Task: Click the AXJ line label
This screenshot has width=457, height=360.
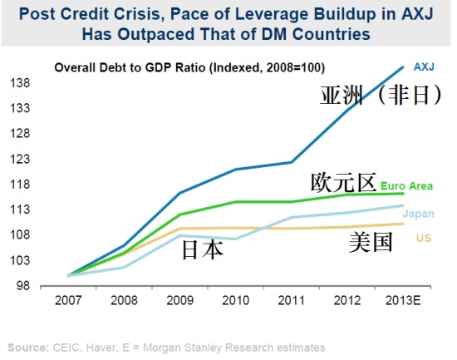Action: [424, 67]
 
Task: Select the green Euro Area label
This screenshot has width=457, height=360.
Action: [406, 186]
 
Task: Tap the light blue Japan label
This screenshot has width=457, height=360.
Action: [419, 214]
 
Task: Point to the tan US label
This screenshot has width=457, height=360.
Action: [424, 238]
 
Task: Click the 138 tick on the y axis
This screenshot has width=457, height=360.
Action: [20, 83]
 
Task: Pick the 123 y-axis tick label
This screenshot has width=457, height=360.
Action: [20, 160]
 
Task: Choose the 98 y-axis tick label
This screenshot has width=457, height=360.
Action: [23, 285]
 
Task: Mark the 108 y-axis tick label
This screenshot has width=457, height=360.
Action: [20, 234]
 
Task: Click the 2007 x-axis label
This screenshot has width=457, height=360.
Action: [68, 300]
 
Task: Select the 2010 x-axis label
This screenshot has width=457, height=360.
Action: [235, 300]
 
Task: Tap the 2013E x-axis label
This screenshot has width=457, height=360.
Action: [403, 300]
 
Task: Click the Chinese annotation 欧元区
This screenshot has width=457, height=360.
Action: [343, 183]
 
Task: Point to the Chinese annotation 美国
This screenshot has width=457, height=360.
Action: [371, 242]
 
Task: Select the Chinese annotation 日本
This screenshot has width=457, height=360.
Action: [203, 250]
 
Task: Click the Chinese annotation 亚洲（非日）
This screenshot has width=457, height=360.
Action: [381, 95]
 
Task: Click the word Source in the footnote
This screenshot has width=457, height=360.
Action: [28, 348]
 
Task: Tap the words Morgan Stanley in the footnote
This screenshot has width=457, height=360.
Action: [183, 348]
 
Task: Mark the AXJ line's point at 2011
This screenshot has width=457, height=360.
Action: [292, 162]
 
